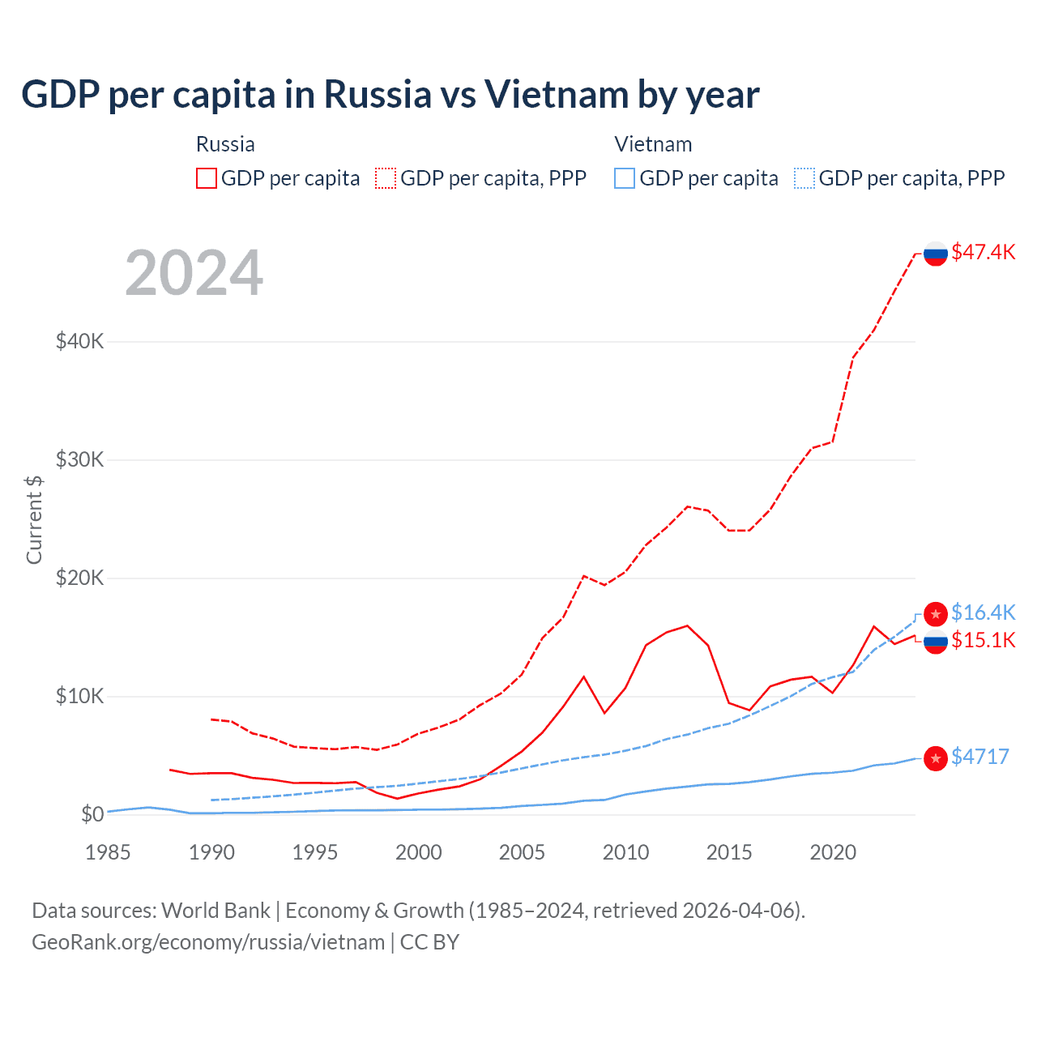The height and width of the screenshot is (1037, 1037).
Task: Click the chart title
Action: [390, 95]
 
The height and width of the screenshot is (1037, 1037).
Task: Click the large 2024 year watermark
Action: [194, 273]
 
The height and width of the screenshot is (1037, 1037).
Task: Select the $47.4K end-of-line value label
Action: [983, 252]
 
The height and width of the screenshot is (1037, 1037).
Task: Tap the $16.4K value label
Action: [983, 612]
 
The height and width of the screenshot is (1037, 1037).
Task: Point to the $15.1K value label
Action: [983, 640]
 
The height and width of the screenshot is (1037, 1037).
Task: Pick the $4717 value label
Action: [980, 757]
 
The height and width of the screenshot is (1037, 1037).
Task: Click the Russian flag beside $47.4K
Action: [936, 254]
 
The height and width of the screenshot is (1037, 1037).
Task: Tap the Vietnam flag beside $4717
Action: [936, 758]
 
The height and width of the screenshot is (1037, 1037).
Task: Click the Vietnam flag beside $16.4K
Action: [936, 614]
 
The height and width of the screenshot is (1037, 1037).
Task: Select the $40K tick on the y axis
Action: [79, 341]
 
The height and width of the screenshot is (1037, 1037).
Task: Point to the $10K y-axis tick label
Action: [79, 696]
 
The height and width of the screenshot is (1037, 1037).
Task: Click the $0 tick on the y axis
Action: [92, 814]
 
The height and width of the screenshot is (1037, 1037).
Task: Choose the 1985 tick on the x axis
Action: [108, 852]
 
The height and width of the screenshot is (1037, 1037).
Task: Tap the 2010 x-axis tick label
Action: [625, 852]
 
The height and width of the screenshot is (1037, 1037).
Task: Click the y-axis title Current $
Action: [34, 519]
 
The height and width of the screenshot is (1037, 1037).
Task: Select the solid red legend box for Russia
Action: [207, 178]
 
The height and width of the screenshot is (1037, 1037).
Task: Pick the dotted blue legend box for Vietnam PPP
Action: [804, 178]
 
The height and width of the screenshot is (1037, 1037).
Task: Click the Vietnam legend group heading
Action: [653, 144]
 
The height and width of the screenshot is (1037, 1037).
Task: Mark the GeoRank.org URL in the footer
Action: [208, 942]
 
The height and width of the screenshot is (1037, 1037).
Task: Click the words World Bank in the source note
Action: [216, 911]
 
